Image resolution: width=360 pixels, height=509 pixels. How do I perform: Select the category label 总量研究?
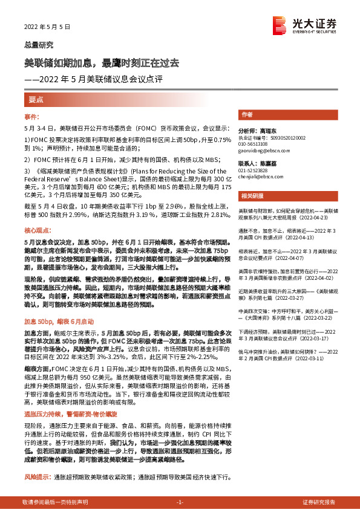[39, 45]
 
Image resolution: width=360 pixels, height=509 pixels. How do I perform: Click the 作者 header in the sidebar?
[247, 114]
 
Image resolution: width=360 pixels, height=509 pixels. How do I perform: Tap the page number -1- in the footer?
[180, 502]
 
